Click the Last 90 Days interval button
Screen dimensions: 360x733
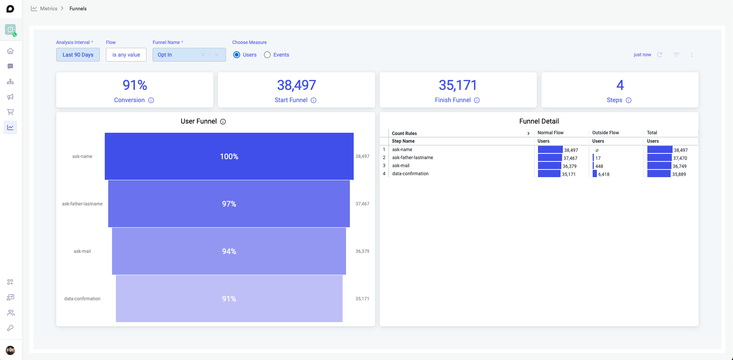[x=78, y=55]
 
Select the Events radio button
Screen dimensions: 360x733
[x=267, y=55]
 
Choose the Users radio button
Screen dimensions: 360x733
[x=237, y=55]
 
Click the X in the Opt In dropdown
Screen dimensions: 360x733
[x=203, y=55]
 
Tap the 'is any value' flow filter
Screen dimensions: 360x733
[x=126, y=55]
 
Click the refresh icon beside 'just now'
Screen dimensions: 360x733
[x=660, y=55]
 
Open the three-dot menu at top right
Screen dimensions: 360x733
[x=692, y=55]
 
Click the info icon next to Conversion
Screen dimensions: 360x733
[x=151, y=100]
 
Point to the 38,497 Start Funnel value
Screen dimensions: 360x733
[x=296, y=85]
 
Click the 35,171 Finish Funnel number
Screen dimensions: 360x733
[x=458, y=85]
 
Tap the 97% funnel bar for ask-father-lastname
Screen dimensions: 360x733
[x=229, y=204]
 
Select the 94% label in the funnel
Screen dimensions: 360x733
[x=229, y=251]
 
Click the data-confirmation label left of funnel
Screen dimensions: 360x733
[x=82, y=299]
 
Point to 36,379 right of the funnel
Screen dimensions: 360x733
[x=362, y=251]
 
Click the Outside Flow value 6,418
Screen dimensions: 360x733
[x=604, y=174]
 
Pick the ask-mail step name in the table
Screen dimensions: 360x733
[x=401, y=166]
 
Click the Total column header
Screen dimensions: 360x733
[x=652, y=133]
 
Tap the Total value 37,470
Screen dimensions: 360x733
[x=680, y=158]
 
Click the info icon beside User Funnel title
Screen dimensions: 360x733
[x=223, y=122]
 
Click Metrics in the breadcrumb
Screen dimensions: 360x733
[x=49, y=8]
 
